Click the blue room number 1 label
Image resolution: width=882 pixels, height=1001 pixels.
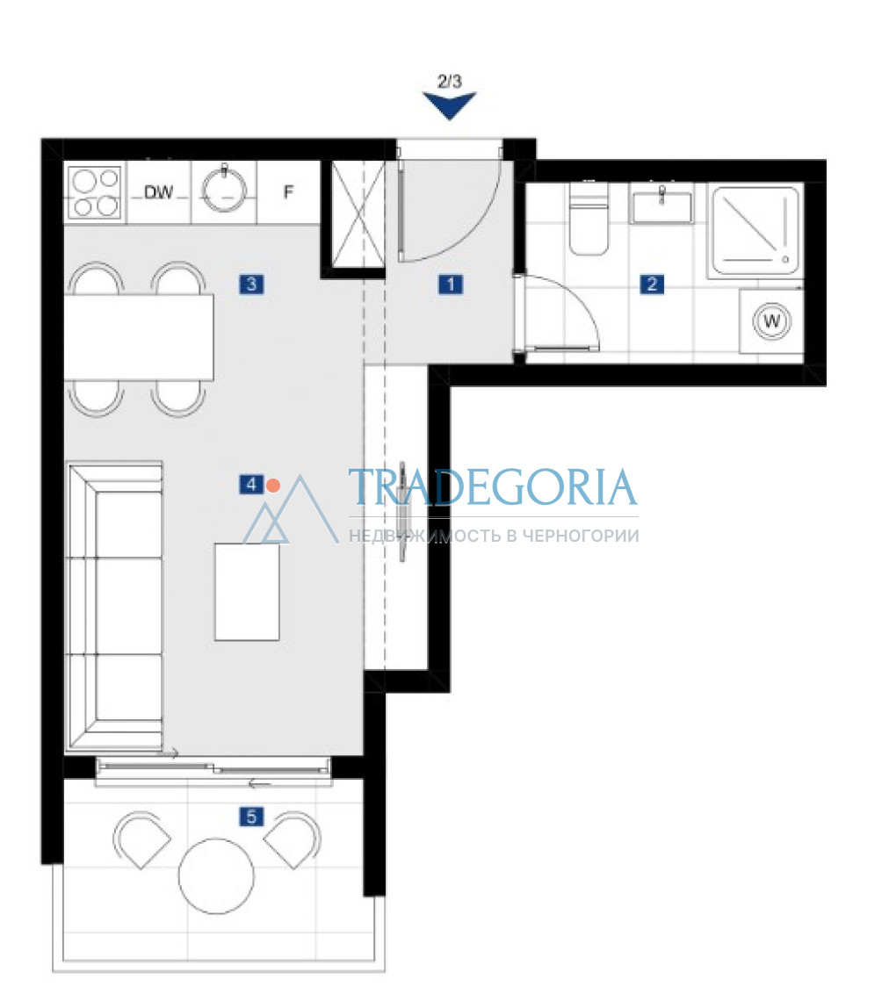[x=451, y=284]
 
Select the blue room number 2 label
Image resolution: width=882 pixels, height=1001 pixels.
[x=652, y=284]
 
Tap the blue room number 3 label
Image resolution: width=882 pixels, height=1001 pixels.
[x=251, y=284]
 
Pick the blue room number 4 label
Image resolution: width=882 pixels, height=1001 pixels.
[x=251, y=485]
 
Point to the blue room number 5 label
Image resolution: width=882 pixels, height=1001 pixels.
[x=251, y=817]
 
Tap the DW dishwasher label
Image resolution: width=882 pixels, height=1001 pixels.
[x=158, y=192]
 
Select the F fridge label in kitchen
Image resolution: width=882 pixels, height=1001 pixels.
[x=289, y=191]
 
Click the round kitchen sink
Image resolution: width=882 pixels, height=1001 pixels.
[x=224, y=191]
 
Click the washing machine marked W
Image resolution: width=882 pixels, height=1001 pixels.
[x=772, y=321]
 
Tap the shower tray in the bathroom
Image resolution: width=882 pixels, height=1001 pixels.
[x=755, y=230]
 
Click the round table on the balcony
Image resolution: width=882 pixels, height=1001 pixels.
[x=216, y=876]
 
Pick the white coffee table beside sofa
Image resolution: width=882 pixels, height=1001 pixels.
[x=247, y=592]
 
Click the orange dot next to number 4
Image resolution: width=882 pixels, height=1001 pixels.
[x=273, y=486]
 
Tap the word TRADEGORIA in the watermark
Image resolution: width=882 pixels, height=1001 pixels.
[x=493, y=486]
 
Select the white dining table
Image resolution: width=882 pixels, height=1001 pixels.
[x=139, y=337]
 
